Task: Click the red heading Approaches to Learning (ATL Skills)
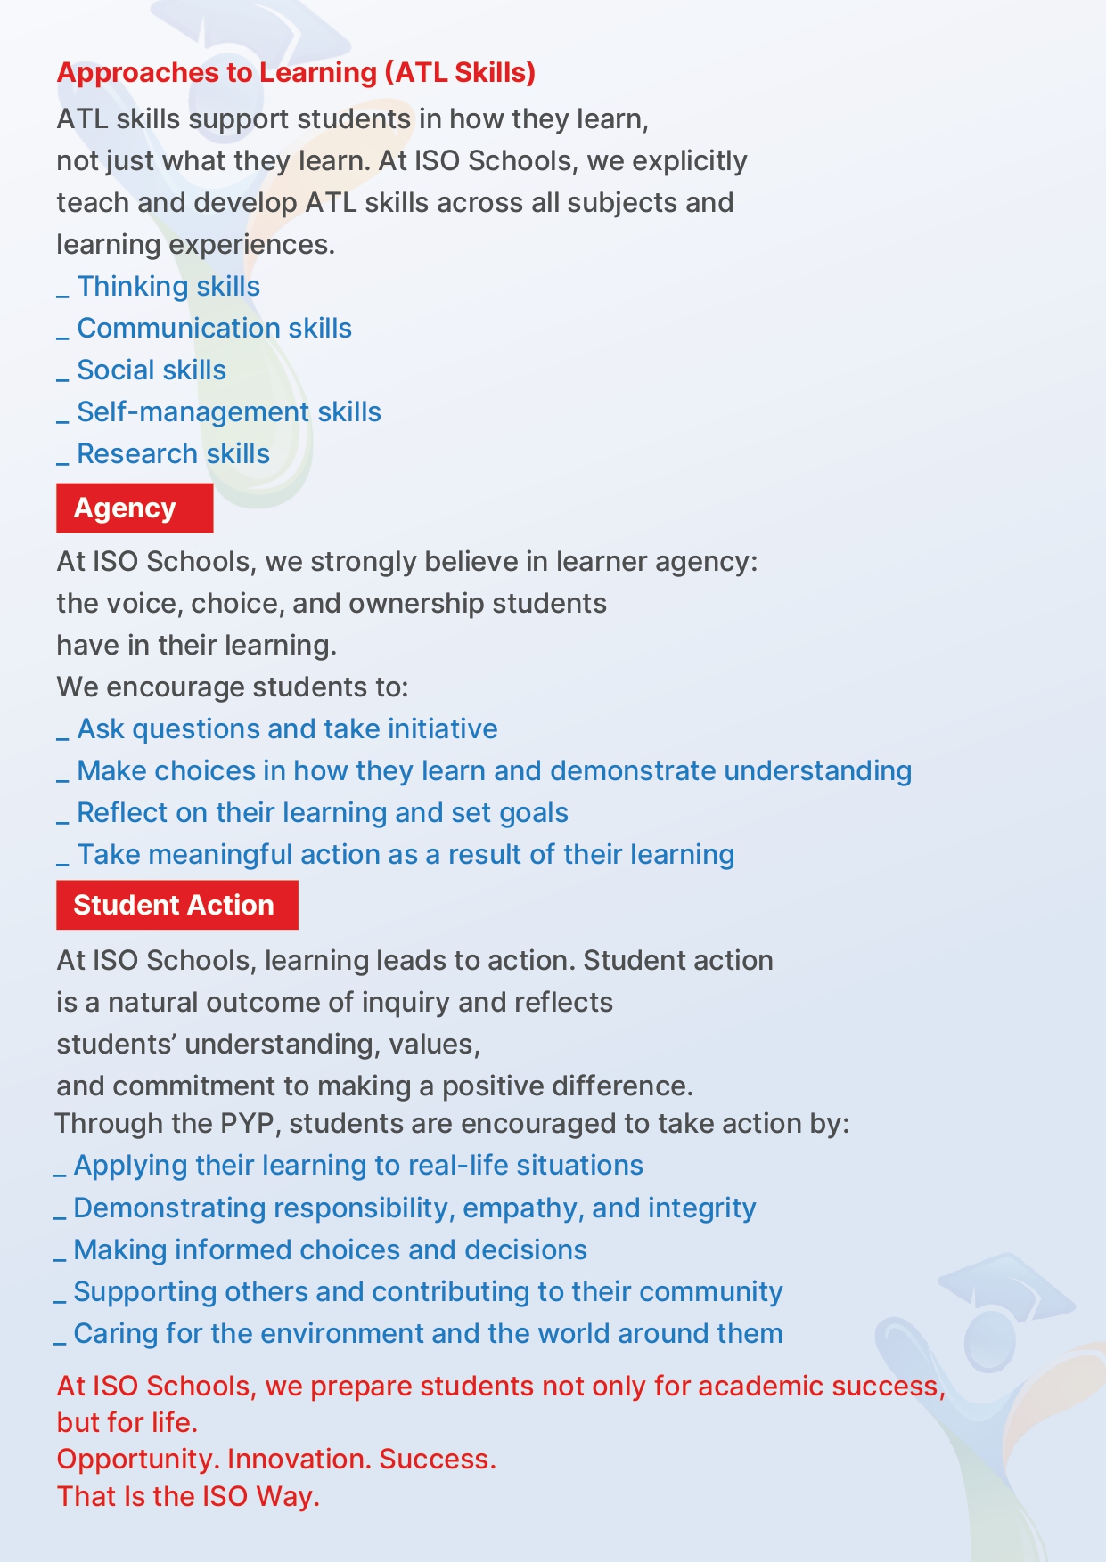click(x=296, y=72)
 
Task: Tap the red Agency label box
click(x=135, y=508)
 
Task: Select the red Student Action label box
click(x=176, y=905)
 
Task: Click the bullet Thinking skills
click(x=168, y=287)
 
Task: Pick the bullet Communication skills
click(x=214, y=329)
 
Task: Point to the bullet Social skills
click(x=152, y=370)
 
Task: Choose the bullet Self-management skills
click(x=228, y=412)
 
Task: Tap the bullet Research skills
click(x=173, y=454)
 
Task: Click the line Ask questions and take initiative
click(x=287, y=729)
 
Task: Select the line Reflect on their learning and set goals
click(x=322, y=813)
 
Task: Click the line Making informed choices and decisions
click(x=330, y=1250)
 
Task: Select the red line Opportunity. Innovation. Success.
click(x=276, y=1460)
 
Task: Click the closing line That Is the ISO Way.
click(x=188, y=1497)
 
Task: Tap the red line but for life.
click(x=127, y=1423)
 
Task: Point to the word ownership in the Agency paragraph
click(x=417, y=604)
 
